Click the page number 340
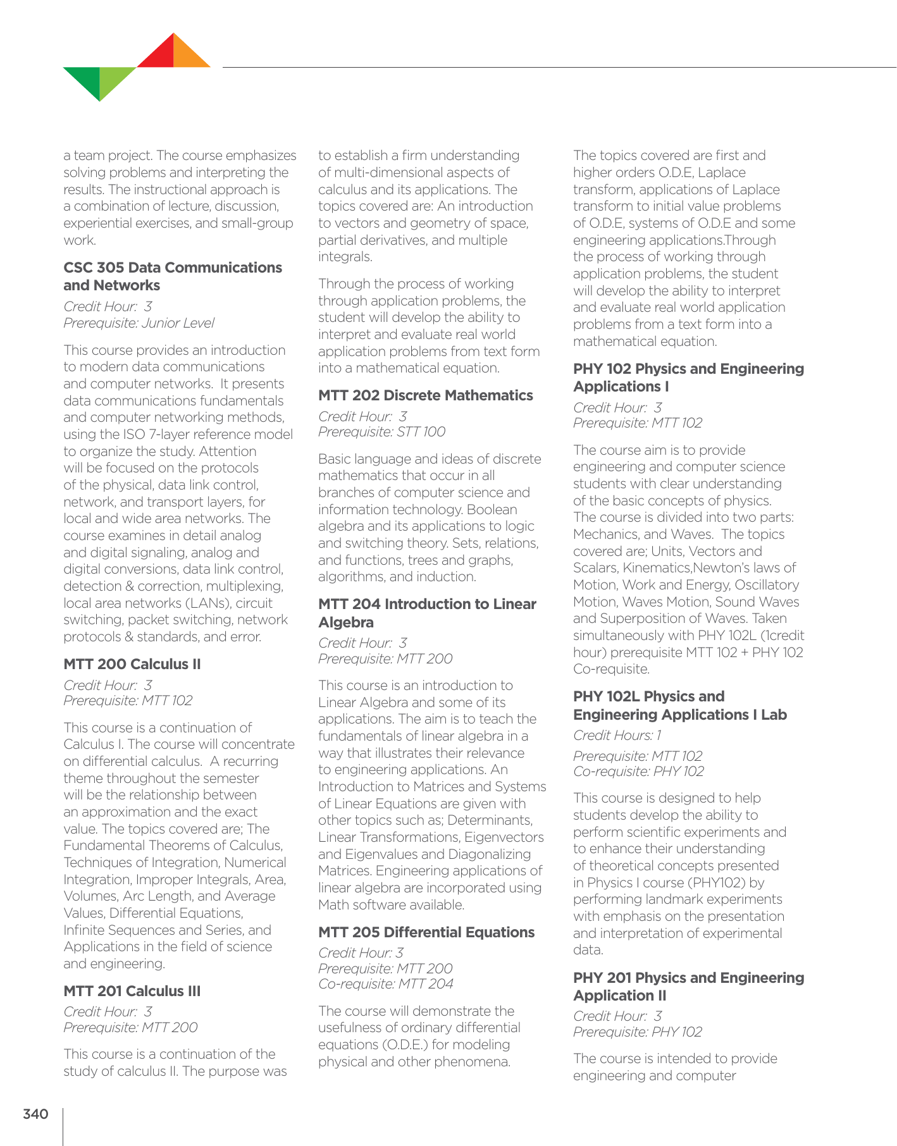35,1114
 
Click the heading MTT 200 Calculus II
132,664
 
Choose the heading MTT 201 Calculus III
132,991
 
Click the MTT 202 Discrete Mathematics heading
426,395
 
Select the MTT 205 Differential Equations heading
426,932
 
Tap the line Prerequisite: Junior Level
139,323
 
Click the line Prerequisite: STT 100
381,432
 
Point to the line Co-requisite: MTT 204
386,984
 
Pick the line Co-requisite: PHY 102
638,772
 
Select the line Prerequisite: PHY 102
637,1032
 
